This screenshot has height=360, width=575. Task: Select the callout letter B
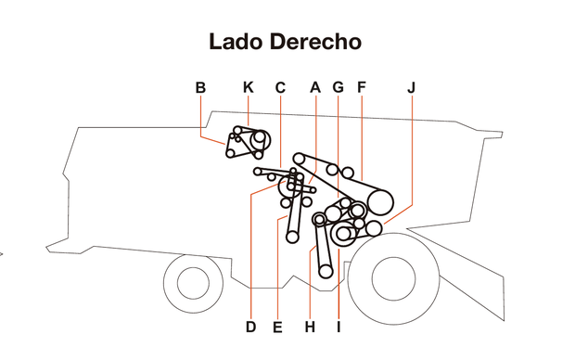(x=200, y=87)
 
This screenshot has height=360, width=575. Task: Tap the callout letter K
(x=248, y=87)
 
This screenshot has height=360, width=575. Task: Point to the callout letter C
(x=280, y=87)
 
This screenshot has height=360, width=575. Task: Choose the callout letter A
(x=315, y=87)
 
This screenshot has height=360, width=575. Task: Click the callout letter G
(x=338, y=87)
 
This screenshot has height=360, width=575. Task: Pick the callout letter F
(x=361, y=87)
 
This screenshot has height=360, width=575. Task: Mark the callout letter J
(x=411, y=87)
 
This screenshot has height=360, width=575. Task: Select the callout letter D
(x=250, y=327)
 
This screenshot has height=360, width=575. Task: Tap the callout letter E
(x=277, y=327)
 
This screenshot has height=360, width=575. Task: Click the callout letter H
(x=311, y=327)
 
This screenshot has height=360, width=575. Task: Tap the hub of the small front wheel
(x=192, y=282)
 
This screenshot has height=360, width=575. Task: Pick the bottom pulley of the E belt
(x=292, y=238)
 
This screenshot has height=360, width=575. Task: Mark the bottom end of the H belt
(x=326, y=272)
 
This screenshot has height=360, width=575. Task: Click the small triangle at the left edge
(x=3, y=252)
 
